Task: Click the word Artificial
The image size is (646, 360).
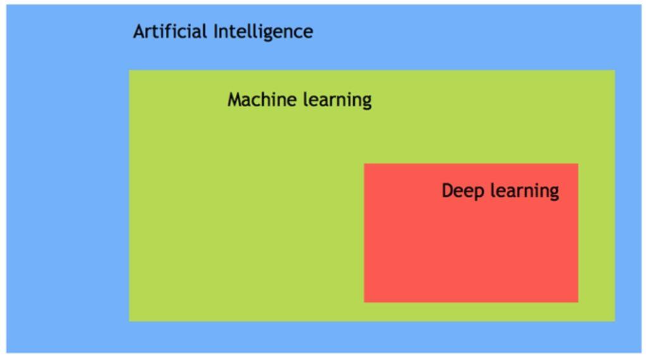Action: point(170,31)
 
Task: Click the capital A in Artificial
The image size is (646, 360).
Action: point(139,31)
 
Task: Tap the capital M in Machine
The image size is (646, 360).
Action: point(234,99)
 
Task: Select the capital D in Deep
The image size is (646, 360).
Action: point(447,190)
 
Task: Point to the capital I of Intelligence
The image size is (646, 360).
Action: point(215,31)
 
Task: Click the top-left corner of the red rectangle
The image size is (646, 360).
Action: point(364,164)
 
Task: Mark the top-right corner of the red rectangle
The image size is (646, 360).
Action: point(578,164)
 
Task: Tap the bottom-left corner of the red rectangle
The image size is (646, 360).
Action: point(364,302)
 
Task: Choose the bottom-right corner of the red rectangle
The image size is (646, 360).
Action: point(578,302)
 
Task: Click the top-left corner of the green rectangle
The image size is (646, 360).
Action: point(129,70)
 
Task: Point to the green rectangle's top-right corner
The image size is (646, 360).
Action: point(615,70)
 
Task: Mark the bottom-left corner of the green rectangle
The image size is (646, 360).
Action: point(129,321)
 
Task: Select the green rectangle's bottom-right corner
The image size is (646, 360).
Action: point(615,321)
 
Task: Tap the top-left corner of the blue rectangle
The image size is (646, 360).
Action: point(6,5)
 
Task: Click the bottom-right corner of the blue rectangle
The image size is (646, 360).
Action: point(641,352)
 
